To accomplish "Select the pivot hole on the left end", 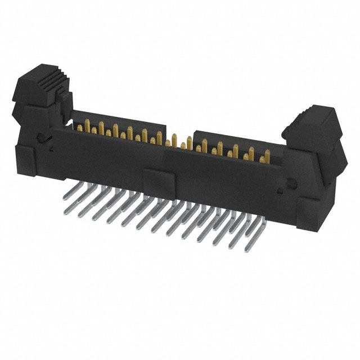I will (40, 137).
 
